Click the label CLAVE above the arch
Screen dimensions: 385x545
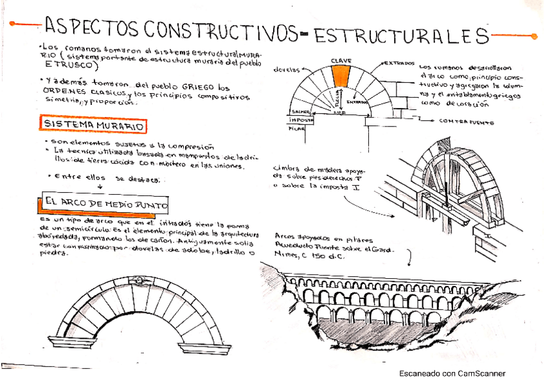point(341,60)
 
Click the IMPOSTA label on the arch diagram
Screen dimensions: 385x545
point(301,120)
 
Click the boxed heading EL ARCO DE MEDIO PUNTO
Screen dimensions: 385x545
point(107,204)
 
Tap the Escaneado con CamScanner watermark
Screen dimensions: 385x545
point(452,373)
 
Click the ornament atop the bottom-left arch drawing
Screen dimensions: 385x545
point(138,282)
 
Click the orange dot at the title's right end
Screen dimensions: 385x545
point(535,35)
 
